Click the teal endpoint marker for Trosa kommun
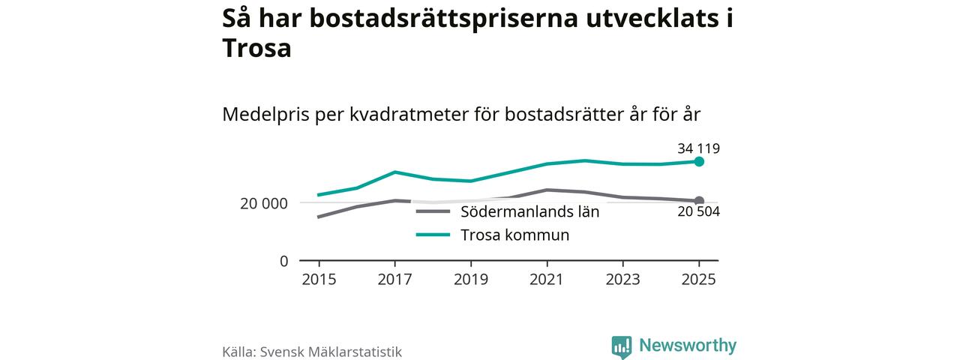pos(699,161)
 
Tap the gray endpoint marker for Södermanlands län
pos(699,201)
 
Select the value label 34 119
pos(697,148)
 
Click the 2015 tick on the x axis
pos(319,279)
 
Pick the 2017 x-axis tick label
pos(394,279)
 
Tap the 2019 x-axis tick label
pos(470,279)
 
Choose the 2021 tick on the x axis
pos(547,279)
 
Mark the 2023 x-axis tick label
pos(622,279)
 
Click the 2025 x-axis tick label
pos(699,279)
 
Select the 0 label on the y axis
pos(283,261)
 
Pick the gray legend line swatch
pos(433,211)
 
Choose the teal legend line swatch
pos(433,235)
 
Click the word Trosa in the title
pos(256,48)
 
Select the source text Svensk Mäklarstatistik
pos(331,351)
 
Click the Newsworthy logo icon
pos(622,346)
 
